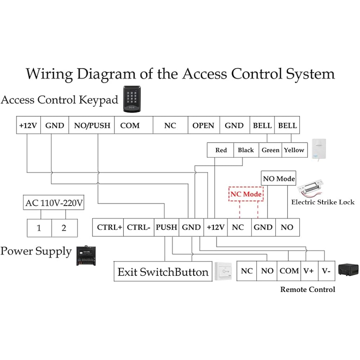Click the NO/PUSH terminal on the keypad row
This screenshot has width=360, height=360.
(91, 125)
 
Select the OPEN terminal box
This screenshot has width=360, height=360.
(203, 125)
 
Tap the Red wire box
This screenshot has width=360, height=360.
(221, 150)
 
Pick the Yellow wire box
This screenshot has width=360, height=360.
(294, 150)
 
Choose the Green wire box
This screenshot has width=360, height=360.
(270, 150)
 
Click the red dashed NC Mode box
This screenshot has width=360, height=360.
(247, 194)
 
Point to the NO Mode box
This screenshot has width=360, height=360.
(279, 178)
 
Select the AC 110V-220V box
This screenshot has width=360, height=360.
(54, 203)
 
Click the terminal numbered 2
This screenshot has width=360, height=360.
(64, 228)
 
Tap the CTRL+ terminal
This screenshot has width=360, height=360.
(109, 227)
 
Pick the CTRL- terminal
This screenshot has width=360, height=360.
(139, 227)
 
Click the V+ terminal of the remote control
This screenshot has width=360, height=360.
(308, 271)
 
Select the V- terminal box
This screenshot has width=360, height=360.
(327, 271)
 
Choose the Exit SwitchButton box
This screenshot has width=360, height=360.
(163, 272)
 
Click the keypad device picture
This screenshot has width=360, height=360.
(132, 98)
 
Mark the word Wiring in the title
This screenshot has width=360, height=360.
(49, 74)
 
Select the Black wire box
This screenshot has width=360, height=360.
(246, 150)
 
